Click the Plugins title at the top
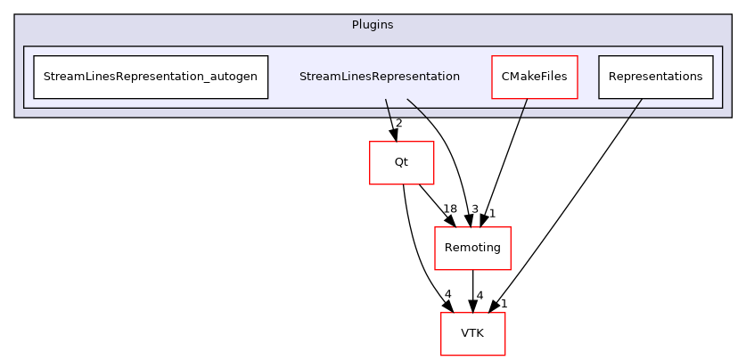pos(373,24)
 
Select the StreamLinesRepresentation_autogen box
pos(150,77)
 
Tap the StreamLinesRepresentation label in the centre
pos(380,77)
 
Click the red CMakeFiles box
pos(535,77)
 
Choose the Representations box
pos(655,77)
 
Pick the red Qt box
pos(401,162)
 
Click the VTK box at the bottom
pos(472,333)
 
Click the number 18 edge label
pos(450,209)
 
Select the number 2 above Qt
pos(398,123)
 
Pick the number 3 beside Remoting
pos(475,209)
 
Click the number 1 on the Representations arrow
pos(504,304)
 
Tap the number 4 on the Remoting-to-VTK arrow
pos(480,295)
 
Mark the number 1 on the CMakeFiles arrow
pos(491,214)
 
